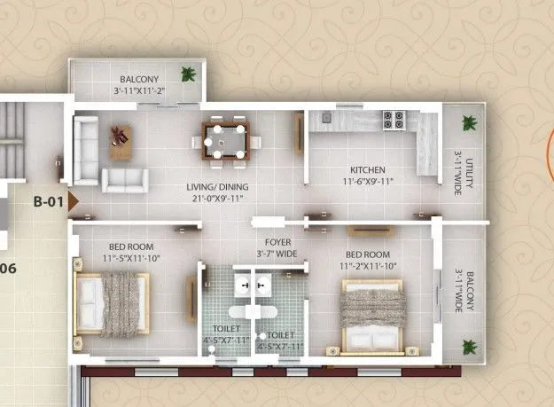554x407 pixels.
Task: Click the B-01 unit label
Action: pos(48,201)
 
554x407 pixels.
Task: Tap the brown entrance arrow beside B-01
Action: pos(74,201)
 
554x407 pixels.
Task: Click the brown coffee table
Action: pos(121,143)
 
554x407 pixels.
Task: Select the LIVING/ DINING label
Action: pos(217,187)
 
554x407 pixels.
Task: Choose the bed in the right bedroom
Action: pos(374,315)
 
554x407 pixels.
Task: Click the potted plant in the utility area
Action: pos(468,122)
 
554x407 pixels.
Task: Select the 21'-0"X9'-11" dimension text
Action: pos(217,200)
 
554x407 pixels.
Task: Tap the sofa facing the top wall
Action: pos(124,180)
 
